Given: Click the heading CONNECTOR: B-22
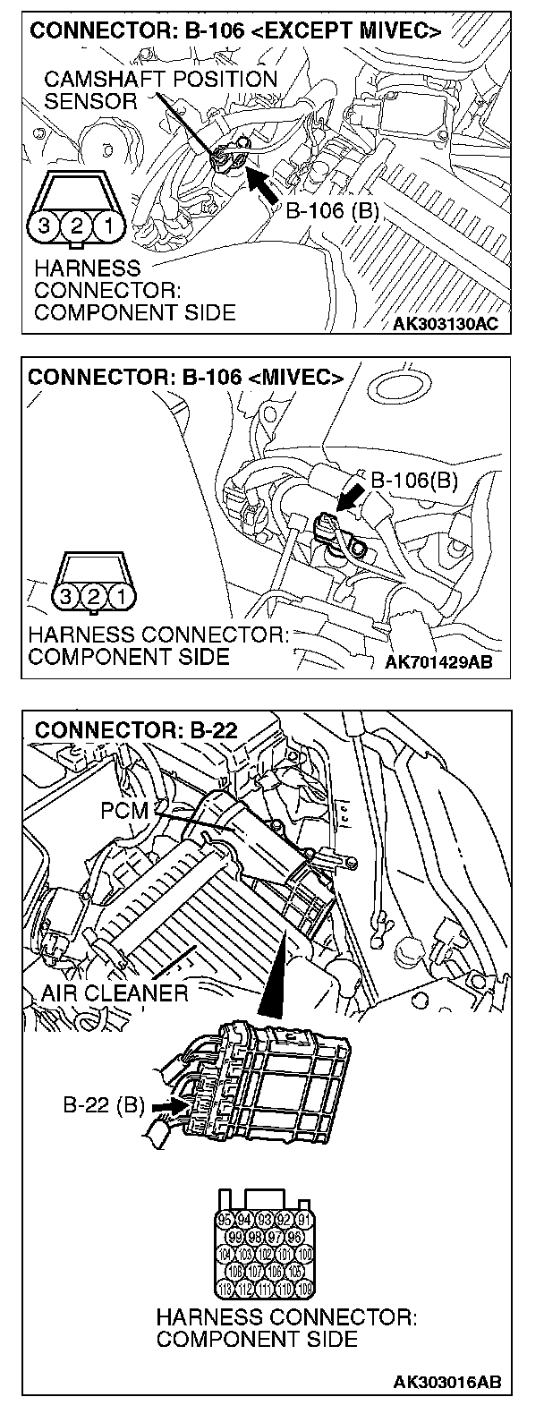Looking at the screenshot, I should pyautogui.click(x=136, y=729).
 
